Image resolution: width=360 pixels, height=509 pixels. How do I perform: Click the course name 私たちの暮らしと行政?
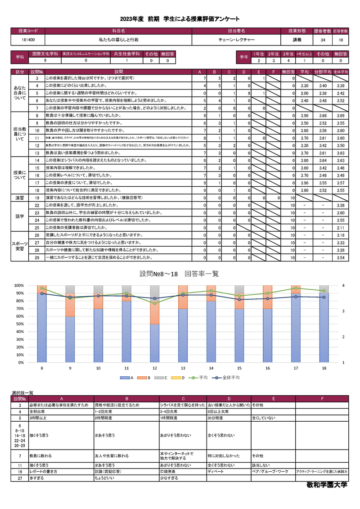coord(118,40)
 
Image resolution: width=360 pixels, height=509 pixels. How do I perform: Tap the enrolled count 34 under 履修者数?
coord(323,40)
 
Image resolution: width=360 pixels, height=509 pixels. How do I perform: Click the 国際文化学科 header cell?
coord(45,54)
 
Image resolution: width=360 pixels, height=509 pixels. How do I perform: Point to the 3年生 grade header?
coord(288,54)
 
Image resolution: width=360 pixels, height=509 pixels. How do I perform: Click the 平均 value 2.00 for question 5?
coord(304,93)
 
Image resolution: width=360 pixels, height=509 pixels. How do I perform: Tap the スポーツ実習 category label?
coord(20,246)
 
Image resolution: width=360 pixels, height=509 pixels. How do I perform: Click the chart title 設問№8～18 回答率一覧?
coord(180,274)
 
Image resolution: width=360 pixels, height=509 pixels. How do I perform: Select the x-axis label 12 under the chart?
coord(154,368)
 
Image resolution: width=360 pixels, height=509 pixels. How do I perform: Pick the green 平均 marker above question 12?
coord(154,303)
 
